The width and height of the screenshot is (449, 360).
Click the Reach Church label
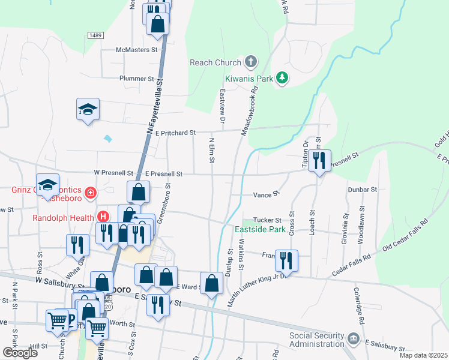215,62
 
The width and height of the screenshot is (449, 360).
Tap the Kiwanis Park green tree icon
282,78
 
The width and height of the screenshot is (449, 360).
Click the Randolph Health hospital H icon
103,217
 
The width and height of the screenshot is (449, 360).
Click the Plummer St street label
137,79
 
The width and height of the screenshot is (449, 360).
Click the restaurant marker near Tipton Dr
319,160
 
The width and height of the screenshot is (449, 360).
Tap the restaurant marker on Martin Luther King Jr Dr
286,260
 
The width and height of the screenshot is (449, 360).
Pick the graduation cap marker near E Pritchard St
88,109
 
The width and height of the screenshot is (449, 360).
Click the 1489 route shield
95,35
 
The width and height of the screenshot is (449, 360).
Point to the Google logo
20,353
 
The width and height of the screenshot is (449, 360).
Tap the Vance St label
267,194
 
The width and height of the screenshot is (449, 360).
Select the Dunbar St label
362,189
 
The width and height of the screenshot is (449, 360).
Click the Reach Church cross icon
250,62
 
